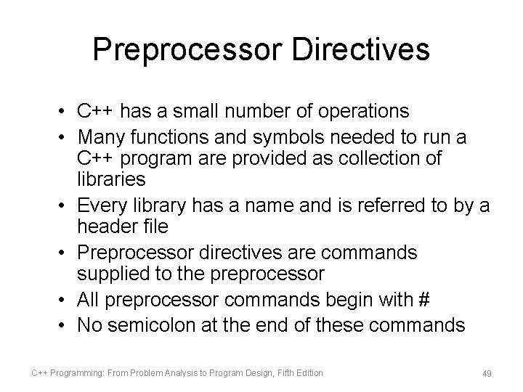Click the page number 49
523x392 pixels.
point(487,373)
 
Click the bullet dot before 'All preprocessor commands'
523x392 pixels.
point(65,299)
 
